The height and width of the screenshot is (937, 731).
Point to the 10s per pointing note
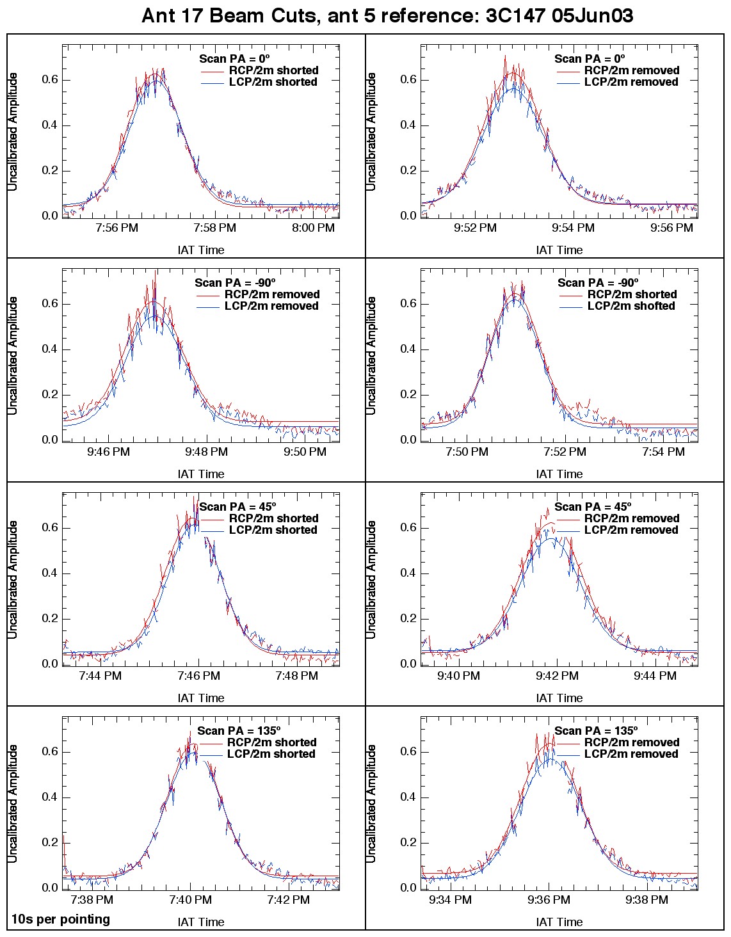point(60,919)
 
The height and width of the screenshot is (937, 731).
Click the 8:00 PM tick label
point(313,228)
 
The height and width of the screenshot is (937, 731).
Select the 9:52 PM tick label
point(474,228)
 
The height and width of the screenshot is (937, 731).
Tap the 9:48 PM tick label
point(206,452)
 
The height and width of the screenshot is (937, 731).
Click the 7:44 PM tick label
point(100,676)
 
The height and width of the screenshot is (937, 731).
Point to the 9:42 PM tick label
point(557,676)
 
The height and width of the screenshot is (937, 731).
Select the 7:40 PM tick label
point(190,900)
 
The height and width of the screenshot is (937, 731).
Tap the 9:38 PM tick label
point(647,900)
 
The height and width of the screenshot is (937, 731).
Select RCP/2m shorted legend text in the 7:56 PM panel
point(273,70)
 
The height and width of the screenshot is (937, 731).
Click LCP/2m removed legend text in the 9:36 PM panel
point(631,754)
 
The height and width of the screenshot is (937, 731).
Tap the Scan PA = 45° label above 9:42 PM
point(593,507)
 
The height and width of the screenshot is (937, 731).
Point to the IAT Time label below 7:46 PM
point(201,698)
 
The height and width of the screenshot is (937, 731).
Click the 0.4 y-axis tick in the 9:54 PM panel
point(408,125)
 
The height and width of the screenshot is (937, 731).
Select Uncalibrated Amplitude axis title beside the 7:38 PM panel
point(13,803)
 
